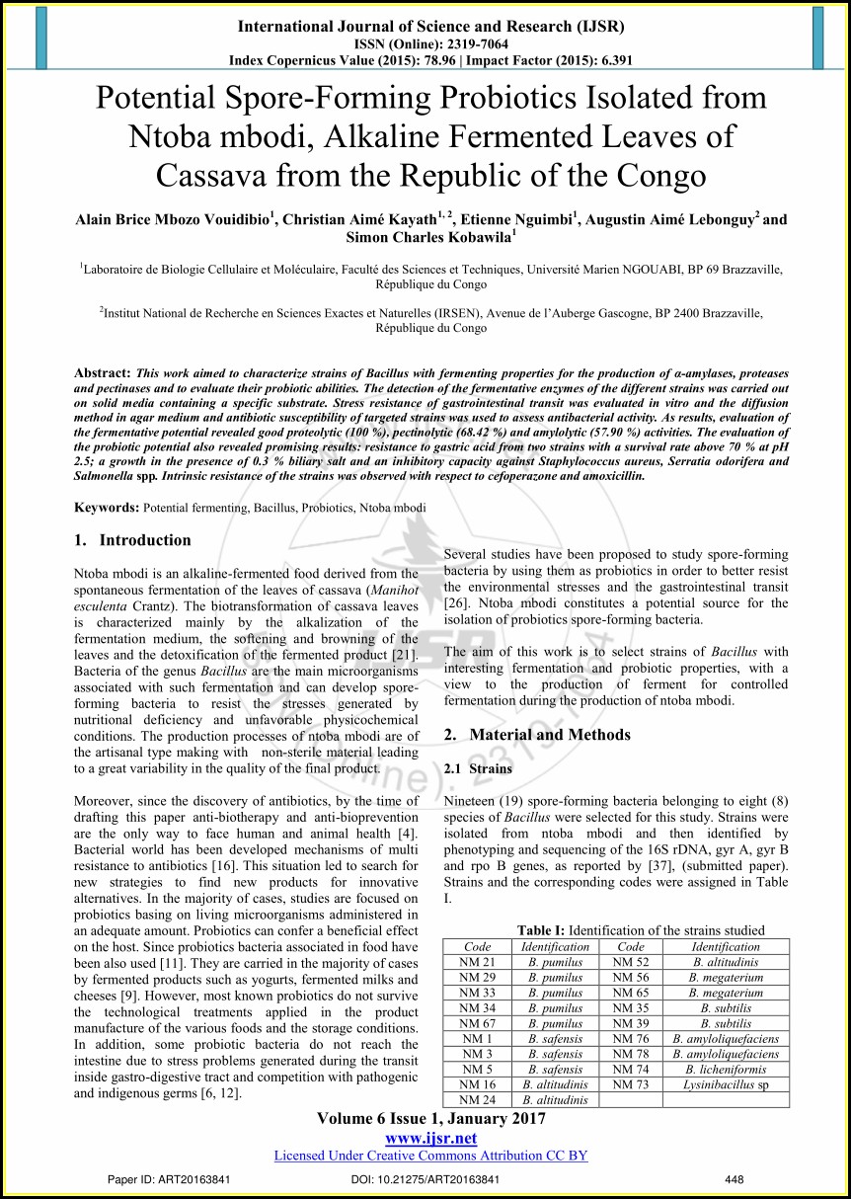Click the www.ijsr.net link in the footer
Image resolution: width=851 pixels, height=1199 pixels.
[x=430, y=1138]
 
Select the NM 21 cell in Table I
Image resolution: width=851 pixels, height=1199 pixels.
[x=477, y=961]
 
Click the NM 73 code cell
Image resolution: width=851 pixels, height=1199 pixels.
[x=630, y=1084]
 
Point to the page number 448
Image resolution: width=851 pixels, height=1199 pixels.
[x=734, y=1179]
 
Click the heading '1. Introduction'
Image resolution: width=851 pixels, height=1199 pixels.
[x=133, y=540]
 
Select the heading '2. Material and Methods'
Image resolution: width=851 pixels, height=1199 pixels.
[x=537, y=735]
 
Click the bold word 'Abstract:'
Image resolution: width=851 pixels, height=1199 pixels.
[x=103, y=373]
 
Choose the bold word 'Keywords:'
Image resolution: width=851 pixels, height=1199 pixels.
[x=108, y=508]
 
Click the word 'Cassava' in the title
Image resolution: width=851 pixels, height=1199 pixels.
[x=212, y=175]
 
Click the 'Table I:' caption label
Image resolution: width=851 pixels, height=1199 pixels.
[x=541, y=930]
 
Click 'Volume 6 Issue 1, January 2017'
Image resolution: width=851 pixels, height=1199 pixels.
[x=430, y=1119]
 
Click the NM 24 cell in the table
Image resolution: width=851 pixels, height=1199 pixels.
[x=477, y=1099]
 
